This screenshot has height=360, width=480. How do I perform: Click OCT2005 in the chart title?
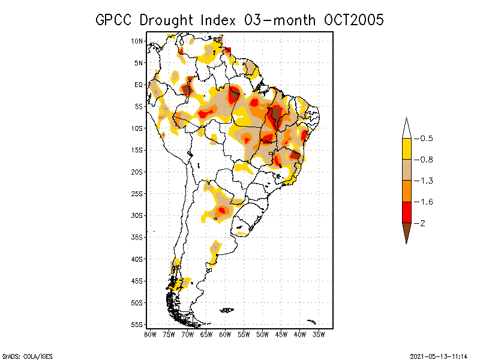coord(350,20)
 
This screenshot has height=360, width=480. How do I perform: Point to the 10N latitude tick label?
coord(137,41)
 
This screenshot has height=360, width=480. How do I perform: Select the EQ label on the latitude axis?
coord(139,85)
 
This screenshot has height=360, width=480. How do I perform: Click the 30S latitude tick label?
coord(137,215)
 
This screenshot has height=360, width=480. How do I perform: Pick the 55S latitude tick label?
coord(137,325)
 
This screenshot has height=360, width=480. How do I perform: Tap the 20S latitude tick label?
coord(137,172)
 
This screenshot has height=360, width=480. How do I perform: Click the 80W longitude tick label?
coord(150,334)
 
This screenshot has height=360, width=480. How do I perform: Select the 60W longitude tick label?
coord(226,334)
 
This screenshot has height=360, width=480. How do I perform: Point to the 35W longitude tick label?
coord(319,334)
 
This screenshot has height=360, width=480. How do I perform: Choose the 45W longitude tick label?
coord(282,334)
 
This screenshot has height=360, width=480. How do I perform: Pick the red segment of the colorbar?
coord(406,212)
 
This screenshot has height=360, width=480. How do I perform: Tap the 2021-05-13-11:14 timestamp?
coord(439,355)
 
